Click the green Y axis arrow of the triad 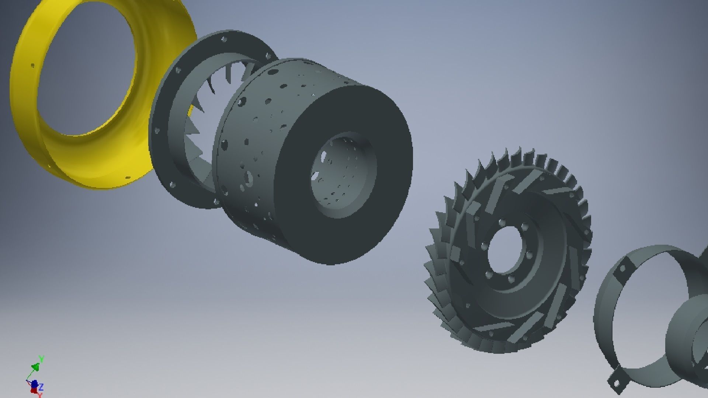tap(36, 366)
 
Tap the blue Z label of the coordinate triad tap(41, 387)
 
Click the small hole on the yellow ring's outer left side tap(32, 66)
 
